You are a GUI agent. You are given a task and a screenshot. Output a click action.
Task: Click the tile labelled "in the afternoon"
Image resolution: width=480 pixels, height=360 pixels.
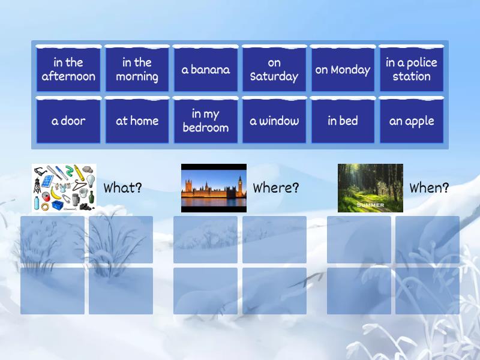tap(68, 70)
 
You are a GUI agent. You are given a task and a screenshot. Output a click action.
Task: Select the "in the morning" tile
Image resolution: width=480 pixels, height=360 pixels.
tap(137, 70)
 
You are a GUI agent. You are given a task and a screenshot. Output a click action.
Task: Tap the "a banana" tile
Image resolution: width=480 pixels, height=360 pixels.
tap(206, 70)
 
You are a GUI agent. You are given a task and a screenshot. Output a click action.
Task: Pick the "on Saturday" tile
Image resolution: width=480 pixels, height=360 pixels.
tap(274, 70)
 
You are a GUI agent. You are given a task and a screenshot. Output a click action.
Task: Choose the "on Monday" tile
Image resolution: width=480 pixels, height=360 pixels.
tap(343, 70)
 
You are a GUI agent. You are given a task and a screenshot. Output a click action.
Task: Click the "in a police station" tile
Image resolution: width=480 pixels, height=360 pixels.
tap(412, 70)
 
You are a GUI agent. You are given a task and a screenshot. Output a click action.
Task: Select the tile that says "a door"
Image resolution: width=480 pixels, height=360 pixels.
tap(68, 121)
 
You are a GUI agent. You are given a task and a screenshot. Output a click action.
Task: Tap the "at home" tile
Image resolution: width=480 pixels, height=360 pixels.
tap(137, 121)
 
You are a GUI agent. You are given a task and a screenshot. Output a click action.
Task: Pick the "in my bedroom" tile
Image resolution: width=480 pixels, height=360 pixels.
tap(206, 121)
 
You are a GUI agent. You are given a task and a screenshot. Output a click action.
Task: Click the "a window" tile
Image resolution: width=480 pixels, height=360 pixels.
tap(274, 121)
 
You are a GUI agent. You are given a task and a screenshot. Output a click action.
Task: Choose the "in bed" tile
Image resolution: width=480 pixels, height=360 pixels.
tap(343, 121)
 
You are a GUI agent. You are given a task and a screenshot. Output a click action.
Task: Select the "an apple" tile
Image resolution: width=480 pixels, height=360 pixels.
tap(412, 121)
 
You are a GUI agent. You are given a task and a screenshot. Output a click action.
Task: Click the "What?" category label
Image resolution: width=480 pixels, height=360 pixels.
tap(123, 188)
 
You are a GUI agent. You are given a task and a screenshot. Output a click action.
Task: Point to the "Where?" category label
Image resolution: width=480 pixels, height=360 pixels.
tap(276, 188)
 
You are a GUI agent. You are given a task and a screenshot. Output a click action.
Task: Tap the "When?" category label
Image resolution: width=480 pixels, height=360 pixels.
tap(429, 188)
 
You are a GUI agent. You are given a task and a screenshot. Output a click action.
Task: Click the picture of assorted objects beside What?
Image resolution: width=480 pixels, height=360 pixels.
tap(64, 188)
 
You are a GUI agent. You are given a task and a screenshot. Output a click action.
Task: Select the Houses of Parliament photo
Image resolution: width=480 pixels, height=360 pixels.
tap(214, 188)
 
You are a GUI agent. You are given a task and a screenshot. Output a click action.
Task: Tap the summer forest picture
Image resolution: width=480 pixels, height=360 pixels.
tap(370, 188)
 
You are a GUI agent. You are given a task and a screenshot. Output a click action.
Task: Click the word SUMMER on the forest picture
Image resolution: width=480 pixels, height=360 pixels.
tap(370, 205)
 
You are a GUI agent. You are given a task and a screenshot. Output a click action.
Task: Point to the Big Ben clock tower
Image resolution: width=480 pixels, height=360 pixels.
tap(240, 183)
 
